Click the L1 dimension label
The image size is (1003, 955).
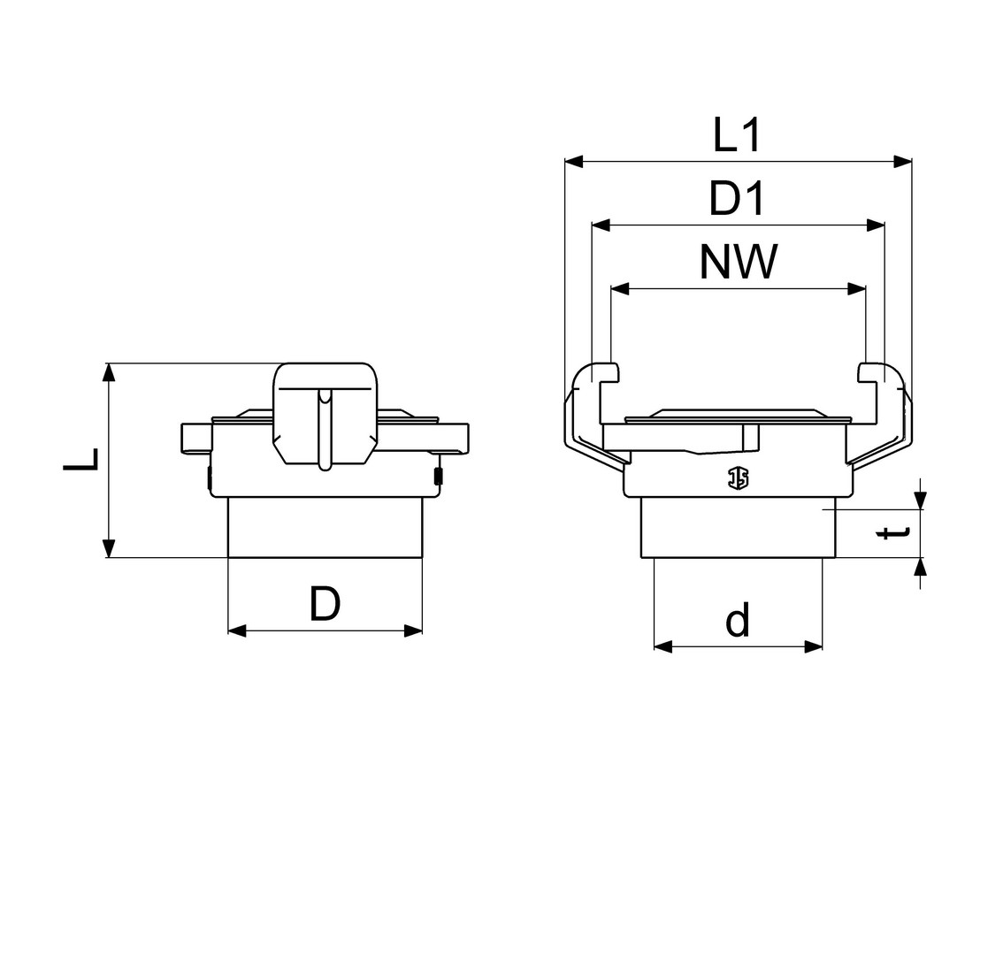tap(738, 135)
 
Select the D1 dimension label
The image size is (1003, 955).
tap(737, 198)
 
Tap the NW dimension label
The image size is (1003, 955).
tap(739, 262)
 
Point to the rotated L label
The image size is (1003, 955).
tap(81, 459)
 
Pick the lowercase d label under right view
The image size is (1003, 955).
tap(737, 620)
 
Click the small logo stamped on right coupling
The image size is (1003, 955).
tap(739, 477)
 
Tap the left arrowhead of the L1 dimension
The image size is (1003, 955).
tap(574, 161)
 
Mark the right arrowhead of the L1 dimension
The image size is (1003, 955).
tap(902, 161)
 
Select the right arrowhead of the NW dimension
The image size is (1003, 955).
tap(856, 289)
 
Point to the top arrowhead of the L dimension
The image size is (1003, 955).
tap(110, 373)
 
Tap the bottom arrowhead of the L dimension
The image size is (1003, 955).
tap(110, 548)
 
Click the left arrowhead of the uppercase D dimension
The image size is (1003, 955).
tap(238, 630)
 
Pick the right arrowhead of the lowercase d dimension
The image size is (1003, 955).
tap(813, 646)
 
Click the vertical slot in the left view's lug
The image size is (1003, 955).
tap(325, 429)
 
